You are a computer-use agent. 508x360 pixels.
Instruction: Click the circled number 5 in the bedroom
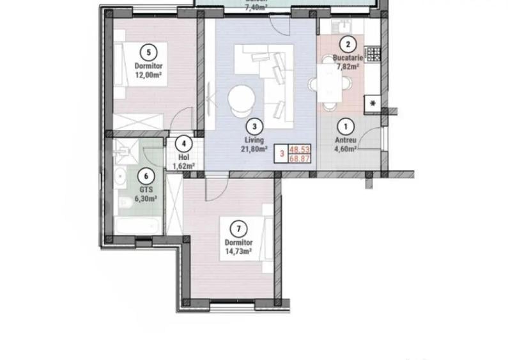click(148, 52)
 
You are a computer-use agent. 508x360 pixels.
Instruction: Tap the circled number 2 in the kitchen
click(348, 44)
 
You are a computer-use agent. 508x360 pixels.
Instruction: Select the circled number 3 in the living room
click(254, 126)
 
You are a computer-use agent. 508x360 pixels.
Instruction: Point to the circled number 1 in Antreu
click(346, 127)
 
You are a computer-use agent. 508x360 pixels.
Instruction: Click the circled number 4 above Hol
click(184, 145)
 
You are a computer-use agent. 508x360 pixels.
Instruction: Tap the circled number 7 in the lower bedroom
click(238, 228)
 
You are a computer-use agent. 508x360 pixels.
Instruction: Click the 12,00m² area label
click(148, 74)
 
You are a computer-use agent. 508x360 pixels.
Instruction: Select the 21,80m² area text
click(254, 148)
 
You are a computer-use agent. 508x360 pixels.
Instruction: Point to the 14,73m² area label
click(238, 251)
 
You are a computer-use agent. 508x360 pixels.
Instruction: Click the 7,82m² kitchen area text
click(348, 65)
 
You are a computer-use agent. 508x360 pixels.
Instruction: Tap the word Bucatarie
click(348, 58)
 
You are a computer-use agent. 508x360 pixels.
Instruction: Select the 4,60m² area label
click(346, 149)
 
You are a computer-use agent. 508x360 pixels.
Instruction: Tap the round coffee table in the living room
click(242, 98)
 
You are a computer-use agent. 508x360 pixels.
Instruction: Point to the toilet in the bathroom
click(125, 203)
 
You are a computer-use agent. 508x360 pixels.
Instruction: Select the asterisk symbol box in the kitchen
click(373, 102)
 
